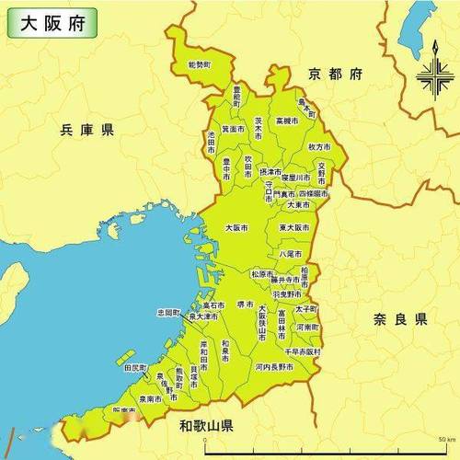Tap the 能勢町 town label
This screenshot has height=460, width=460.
[x=199, y=66]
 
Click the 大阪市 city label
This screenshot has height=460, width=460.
[x=237, y=227]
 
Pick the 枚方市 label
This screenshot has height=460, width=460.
[x=319, y=146]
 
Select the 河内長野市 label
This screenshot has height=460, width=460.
[x=275, y=366]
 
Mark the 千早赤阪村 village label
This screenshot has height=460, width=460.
[x=302, y=351]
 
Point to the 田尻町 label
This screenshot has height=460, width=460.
[x=135, y=367]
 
